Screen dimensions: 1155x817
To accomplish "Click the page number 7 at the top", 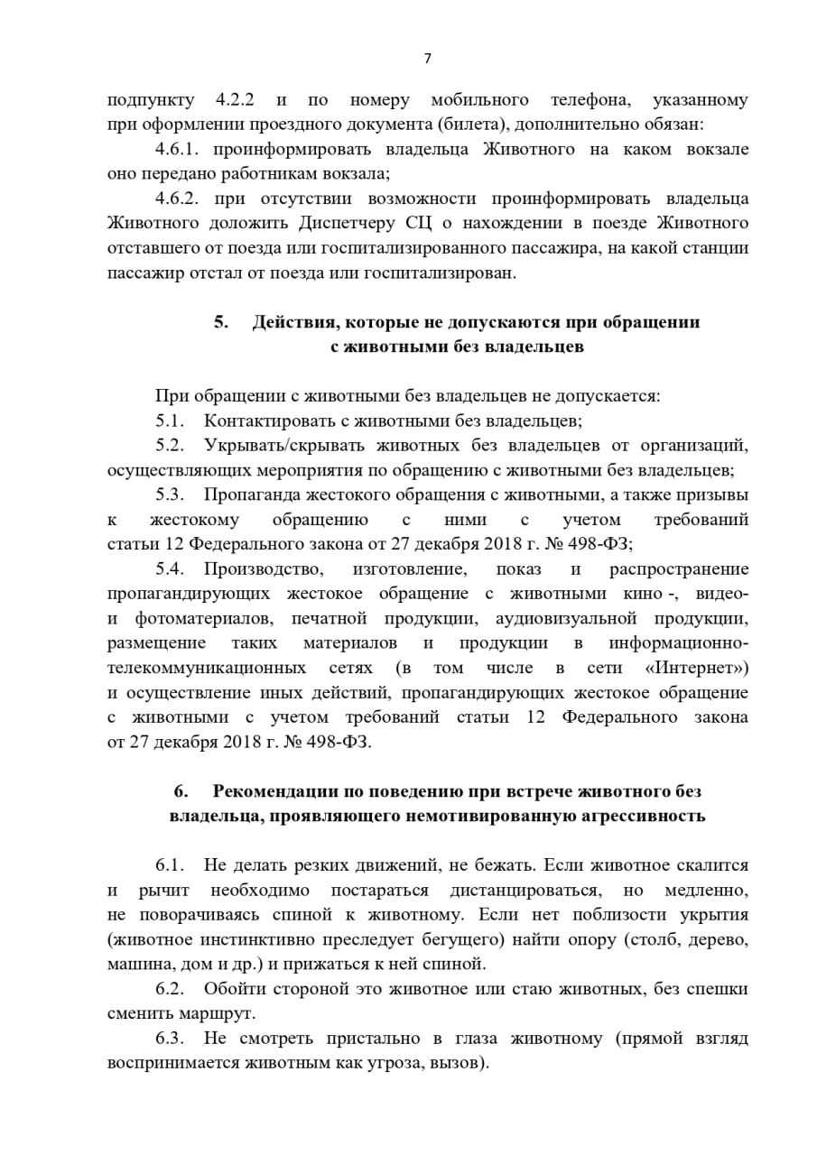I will (x=428, y=59).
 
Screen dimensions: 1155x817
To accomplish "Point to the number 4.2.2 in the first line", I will (x=239, y=99).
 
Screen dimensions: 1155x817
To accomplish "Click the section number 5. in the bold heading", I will (x=221, y=322).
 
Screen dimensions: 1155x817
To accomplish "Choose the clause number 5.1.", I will (x=169, y=420).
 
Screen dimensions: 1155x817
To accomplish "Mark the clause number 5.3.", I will (x=169, y=494).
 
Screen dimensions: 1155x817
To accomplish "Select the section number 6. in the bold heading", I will (x=181, y=791).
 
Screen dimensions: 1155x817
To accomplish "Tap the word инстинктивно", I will (x=224, y=939).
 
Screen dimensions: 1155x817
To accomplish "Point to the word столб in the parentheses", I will (x=650, y=939).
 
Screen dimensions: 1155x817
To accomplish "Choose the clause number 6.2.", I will (x=169, y=989).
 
